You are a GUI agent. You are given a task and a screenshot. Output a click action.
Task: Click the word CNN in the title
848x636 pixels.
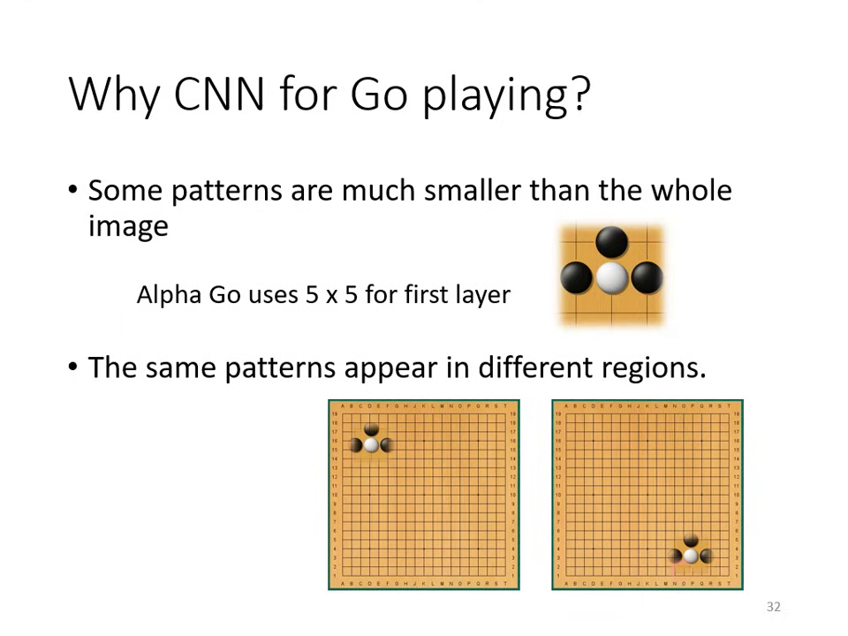click(x=219, y=93)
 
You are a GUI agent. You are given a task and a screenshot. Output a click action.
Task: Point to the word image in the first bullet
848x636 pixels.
click(x=128, y=227)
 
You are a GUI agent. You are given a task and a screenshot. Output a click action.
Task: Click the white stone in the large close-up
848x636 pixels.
click(x=611, y=276)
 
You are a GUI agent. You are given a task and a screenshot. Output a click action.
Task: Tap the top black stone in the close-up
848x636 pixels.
click(x=611, y=241)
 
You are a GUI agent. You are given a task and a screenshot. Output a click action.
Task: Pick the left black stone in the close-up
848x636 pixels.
click(x=576, y=276)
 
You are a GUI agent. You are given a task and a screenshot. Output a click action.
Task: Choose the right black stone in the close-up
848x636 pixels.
click(x=647, y=276)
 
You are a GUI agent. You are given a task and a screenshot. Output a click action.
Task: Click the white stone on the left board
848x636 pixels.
click(x=371, y=445)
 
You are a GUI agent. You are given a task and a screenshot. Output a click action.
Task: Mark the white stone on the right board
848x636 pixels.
click(x=691, y=556)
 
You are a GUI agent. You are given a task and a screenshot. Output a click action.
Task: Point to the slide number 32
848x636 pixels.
click(x=774, y=607)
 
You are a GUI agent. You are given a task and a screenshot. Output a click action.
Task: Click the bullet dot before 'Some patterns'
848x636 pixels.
click(x=73, y=190)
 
